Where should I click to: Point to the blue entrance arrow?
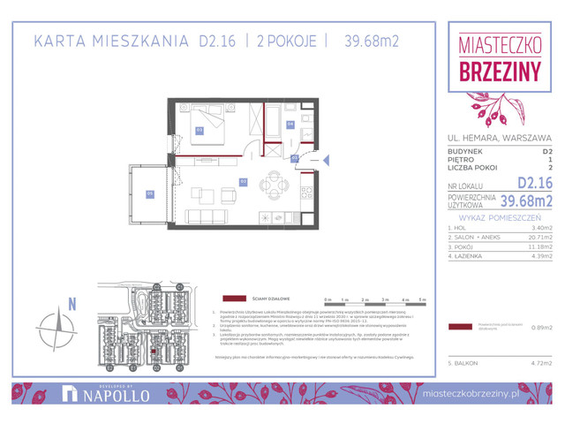pyautogui.click(x=326, y=160)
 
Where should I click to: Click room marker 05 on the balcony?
pyautogui.click(x=150, y=193)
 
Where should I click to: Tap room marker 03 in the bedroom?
pyautogui.click(x=200, y=130)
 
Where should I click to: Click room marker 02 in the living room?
pyautogui.click(x=243, y=181)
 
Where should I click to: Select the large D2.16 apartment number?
pyautogui.click(x=535, y=183)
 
